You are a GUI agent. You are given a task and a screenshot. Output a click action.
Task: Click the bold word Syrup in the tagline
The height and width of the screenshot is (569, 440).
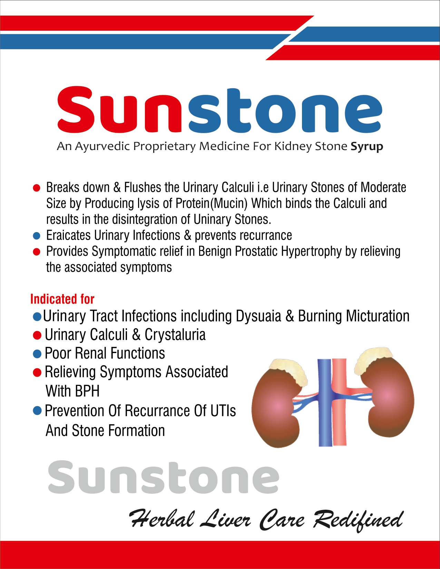366,147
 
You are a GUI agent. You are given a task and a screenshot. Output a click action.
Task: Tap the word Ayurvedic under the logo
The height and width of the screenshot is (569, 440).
103,147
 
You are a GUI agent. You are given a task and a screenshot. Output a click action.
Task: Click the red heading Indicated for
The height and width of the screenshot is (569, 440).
62,299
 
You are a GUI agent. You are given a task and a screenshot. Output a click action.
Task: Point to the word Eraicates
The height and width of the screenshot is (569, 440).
68,235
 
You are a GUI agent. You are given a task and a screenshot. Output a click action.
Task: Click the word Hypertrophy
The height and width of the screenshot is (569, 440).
311,252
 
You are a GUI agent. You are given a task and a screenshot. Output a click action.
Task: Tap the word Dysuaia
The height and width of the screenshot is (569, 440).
258,316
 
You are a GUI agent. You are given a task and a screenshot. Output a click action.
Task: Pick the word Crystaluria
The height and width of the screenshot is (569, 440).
175,335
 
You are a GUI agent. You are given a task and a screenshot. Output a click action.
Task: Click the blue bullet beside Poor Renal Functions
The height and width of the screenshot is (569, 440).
37,354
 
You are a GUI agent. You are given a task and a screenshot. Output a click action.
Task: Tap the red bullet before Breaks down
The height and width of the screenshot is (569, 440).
37,188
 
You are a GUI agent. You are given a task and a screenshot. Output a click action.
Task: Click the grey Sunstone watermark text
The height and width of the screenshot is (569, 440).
164,477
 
